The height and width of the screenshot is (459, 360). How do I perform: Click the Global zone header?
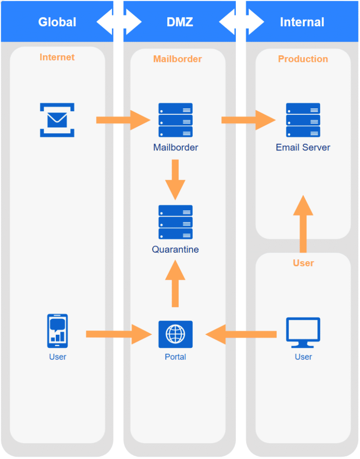click(57, 22)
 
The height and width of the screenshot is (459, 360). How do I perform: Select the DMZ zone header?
click(180, 22)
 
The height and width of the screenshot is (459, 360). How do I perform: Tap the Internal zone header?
click(302, 22)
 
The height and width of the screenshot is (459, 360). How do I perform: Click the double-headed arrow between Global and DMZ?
click(119, 22)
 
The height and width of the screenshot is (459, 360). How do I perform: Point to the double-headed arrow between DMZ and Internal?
click(241, 22)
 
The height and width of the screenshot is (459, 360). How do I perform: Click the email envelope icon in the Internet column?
click(57, 120)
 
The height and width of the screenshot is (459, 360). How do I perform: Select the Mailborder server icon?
click(175, 120)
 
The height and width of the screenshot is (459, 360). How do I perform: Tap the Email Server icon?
click(303, 120)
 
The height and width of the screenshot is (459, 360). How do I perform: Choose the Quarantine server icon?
click(175, 222)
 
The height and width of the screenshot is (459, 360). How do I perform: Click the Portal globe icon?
click(175, 334)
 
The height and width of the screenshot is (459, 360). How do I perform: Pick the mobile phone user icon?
click(57, 331)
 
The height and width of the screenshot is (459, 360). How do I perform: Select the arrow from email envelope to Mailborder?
click(123, 120)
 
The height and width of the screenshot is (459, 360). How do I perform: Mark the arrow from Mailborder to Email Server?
click(248, 120)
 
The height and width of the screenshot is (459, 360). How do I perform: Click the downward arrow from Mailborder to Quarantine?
click(175, 180)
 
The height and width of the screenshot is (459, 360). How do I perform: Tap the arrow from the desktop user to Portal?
click(241, 334)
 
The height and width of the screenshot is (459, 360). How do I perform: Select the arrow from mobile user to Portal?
click(119, 334)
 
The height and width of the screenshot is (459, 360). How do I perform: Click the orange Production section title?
click(303, 59)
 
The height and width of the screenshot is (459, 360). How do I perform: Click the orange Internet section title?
click(57, 57)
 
